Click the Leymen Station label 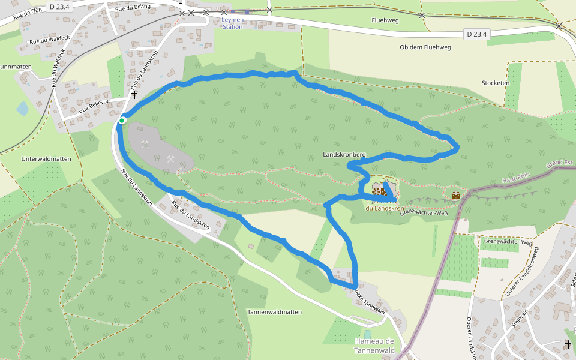[232, 23]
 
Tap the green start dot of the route [122, 121]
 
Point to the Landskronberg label [344, 155]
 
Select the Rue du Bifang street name [132, 7]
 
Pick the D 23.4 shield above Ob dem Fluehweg [477, 34]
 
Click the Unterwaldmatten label [46, 159]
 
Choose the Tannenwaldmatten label [274, 312]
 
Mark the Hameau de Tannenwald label [373, 346]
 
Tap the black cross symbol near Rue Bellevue [134, 94]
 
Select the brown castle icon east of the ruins [456, 195]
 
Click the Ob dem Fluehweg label [425, 47]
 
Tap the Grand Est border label [560, 163]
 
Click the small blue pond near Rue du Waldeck [22, 109]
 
